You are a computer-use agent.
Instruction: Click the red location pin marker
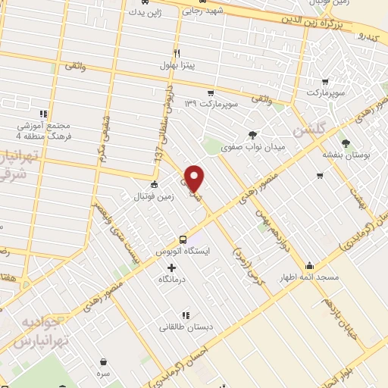[x=195, y=177]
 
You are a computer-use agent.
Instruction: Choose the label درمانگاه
[x=172, y=280]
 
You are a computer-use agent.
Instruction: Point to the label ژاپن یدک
[x=146, y=12]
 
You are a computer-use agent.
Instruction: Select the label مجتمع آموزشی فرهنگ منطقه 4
[x=44, y=130]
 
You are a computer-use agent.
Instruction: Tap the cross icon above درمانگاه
[x=171, y=268]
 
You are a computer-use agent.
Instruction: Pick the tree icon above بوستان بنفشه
[x=346, y=142]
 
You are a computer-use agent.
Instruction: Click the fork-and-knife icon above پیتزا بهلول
[x=176, y=54]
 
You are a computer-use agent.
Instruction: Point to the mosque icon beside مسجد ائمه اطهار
[x=309, y=266]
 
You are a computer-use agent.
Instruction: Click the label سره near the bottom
[x=102, y=374]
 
